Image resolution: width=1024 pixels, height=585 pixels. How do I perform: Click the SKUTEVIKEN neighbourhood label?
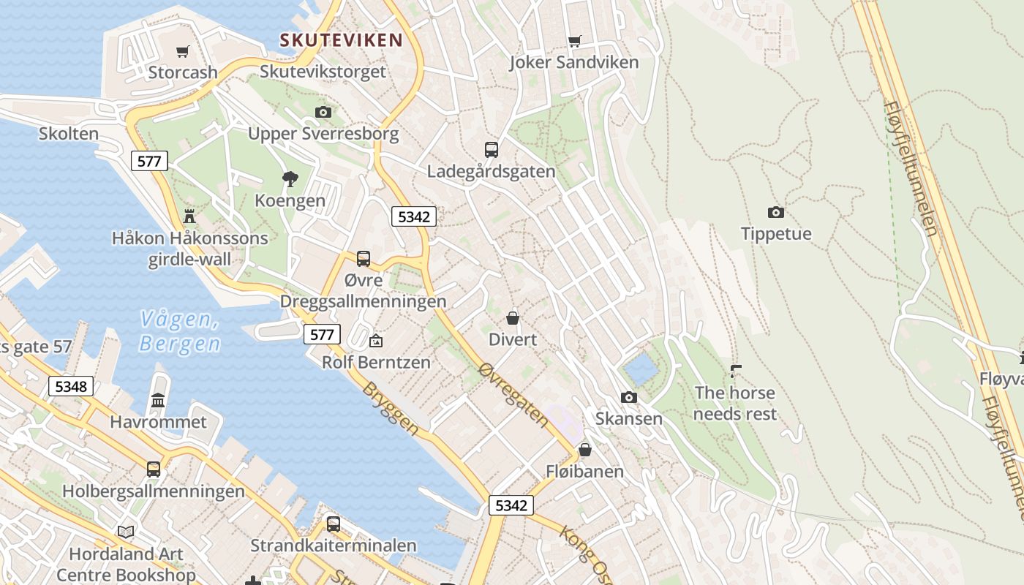[342, 39]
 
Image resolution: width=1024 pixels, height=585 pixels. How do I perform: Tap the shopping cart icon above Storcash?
[183, 51]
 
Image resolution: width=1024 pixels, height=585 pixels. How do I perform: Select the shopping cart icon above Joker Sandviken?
[575, 42]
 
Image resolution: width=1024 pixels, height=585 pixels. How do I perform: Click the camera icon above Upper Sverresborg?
[323, 112]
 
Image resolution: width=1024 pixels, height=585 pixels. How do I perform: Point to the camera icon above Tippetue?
[776, 213]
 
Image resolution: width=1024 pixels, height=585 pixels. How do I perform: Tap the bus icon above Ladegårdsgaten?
[492, 150]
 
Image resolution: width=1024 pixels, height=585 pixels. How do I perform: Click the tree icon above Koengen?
[290, 178]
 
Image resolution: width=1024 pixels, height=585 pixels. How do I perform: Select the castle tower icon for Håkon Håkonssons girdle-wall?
[190, 216]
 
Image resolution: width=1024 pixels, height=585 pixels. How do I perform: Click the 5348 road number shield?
[71, 386]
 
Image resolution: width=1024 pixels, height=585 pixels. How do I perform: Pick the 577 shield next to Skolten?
[149, 161]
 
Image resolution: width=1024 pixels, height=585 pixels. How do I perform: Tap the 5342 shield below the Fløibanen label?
[511, 505]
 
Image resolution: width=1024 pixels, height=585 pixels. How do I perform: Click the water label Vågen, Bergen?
[179, 331]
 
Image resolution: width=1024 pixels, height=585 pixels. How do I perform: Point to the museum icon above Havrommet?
[158, 400]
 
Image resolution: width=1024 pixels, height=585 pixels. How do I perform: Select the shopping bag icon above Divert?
[513, 318]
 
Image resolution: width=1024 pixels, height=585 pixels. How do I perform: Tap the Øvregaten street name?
[513, 395]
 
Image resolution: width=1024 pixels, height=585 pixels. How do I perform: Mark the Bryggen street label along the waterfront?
[391, 409]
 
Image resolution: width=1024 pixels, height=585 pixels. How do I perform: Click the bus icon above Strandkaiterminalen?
[334, 524]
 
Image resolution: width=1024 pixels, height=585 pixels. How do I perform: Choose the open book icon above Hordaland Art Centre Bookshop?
[126, 532]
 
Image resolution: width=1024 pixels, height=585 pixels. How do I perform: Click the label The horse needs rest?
[735, 404]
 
